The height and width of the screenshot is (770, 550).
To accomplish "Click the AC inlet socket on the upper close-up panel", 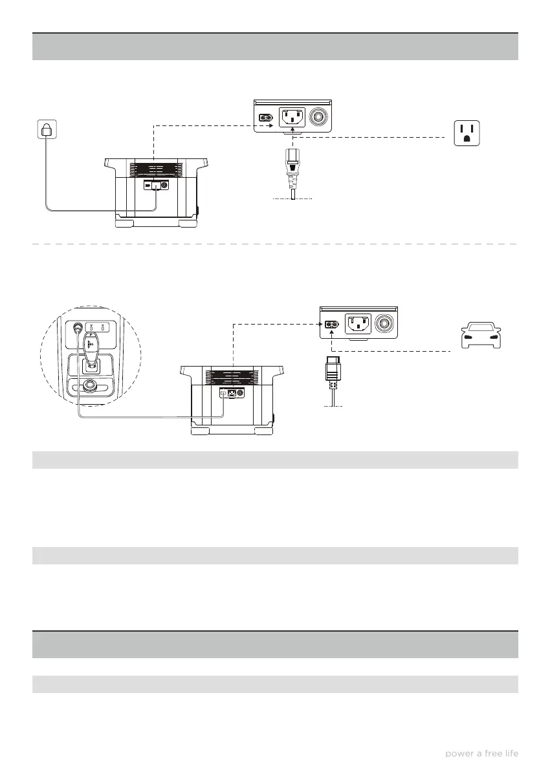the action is [292, 118].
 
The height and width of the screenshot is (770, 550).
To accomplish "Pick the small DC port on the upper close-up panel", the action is [265, 118].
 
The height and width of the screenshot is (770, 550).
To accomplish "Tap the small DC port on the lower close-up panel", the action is [331, 323].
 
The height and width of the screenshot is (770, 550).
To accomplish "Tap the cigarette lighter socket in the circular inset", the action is [78, 328].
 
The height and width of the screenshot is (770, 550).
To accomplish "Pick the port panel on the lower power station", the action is [230, 392].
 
